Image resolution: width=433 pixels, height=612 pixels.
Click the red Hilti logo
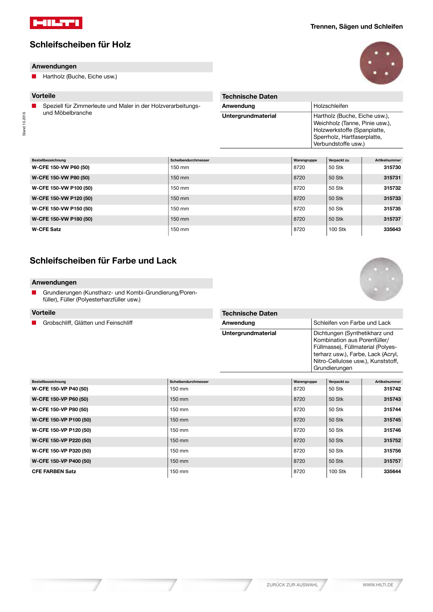pyautogui.click(x=56, y=23)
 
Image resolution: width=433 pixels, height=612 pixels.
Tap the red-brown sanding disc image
pyautogui.click(x=381, y=63)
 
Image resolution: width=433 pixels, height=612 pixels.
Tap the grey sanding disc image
pyautogui.click(x=381, y=279)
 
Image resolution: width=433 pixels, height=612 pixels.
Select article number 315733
pyautogui.click(x=392, y=199)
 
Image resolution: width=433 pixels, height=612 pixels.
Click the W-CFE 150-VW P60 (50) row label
pyautogui.click(x=60, y=168)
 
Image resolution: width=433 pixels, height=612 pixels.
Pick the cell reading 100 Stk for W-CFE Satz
pyautogui.click(x=337, y=229)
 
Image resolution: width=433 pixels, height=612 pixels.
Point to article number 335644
pyautogui.click(x=392, y=472)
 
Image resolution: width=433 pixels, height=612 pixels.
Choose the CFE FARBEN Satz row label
pyautogui.click(x=54, y=472)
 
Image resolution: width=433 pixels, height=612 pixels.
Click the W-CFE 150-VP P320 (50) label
pyautogui.click(x=61, y=451)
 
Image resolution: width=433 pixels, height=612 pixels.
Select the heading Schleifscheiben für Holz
pyautogui.click(x=80, y=45)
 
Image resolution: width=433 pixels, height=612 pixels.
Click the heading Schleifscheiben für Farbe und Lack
pyautogui.click(x=103, y=261)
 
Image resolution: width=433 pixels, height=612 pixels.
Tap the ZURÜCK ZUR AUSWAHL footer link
pyautogui.click(x=292, y=585)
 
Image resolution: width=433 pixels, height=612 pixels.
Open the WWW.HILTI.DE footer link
pyautogui.click(x=378, y=585)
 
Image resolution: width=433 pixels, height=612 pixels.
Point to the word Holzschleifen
pyautogui.click(x=331, y=106)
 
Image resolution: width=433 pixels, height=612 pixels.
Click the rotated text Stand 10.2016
pyautogui.click(x=24, y=124)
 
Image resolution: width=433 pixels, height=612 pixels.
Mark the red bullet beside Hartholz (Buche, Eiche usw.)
pyautogui.click(x=34, y=76)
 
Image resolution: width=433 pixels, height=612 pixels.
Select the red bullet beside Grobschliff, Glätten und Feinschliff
pyautogui.click(x=34, y=323)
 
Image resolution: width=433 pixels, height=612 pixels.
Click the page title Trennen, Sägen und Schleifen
pyautogui.click(x=356, y=27)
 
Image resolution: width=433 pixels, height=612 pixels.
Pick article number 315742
pyautogui.click(x=392, y=389)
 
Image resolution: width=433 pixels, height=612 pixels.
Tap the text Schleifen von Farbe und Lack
pyautogui.click(x=352, y=323)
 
